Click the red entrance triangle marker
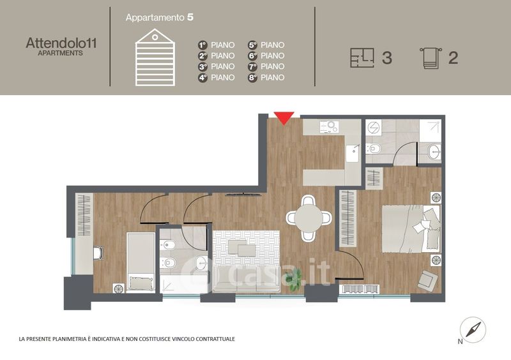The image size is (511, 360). click(284, 117)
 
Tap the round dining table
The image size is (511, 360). click(309, 218)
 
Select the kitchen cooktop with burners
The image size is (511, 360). click(329, 126)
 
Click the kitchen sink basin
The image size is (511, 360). click(353, 153)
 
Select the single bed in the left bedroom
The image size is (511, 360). click(141, 262)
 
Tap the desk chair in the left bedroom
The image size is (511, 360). click(99, 253)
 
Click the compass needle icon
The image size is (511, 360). click(473, 330)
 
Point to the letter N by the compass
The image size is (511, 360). click(460, 341)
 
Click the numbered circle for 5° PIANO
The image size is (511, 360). click(252, 45)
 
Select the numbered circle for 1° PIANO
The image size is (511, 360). click(202, 45)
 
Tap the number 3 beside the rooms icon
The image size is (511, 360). click(387, 57)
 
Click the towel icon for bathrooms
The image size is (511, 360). click(431, 58)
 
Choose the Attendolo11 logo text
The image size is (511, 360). click(61, 43)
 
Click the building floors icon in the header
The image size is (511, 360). click(155, 57)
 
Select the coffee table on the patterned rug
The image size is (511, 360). click(242, 248)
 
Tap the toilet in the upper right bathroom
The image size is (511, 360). click(374, 149)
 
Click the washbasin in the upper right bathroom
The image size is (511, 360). click(434, 151)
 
